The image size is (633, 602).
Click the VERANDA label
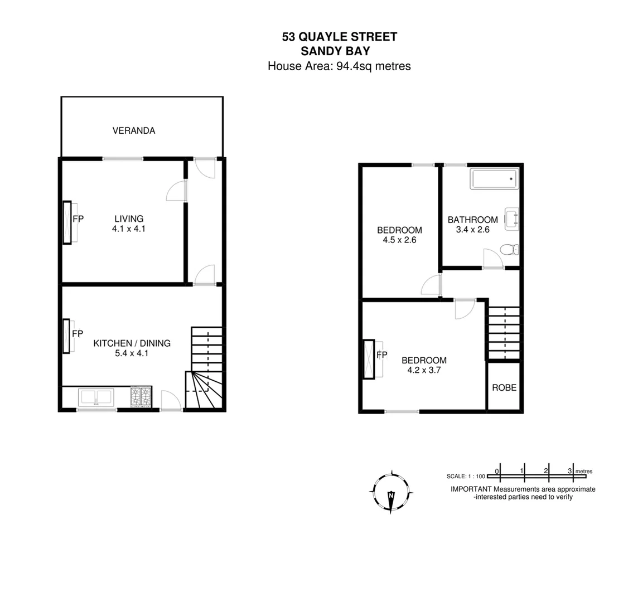click(134, 131)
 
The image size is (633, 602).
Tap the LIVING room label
click(129, 219)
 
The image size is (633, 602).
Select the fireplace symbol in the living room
click(67, 222)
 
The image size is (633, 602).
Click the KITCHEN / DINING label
click(132, 343)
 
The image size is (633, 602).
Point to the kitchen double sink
click(96, 397)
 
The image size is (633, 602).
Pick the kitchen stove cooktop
click(141, 397)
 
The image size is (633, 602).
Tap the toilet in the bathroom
click(510, 250)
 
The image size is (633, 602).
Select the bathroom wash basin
click(512, 219)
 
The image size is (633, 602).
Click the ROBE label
click(504, 388)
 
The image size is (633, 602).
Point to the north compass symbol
click(392, 492)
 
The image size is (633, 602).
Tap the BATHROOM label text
click(472, 220)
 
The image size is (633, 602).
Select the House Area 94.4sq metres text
click(339, 66)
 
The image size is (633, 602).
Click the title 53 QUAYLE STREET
click(339, 37)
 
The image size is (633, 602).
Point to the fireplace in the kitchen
click(66, 336)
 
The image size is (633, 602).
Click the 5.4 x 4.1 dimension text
click(132, 353)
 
